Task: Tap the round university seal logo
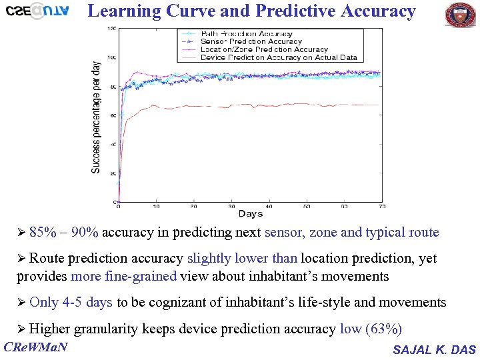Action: point(460,15)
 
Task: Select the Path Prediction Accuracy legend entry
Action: point(246,33)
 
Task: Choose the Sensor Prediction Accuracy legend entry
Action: point(251,41)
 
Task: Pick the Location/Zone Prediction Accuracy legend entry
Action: point(263,49)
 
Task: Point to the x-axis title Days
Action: point(251,214)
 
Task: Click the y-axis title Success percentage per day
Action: point(97,117)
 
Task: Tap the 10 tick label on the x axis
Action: point(157,206)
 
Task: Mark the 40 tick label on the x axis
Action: point(269,206)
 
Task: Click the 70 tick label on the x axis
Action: point(382,206)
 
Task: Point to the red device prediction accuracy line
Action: point(267,105)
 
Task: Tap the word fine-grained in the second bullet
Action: point(142,276)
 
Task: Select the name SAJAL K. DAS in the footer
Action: point(434,350)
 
